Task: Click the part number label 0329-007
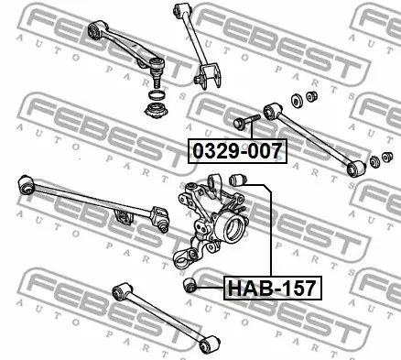tap(237, 151)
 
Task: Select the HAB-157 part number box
tap(273, 288)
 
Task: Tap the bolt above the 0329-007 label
tap(246, 122)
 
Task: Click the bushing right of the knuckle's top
tap(237, 180)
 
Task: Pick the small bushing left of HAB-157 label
tap(190, 285)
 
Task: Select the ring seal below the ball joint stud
tap(157, 95)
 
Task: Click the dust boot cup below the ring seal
tap(157, 111)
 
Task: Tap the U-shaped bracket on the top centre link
tap(210, 75)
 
